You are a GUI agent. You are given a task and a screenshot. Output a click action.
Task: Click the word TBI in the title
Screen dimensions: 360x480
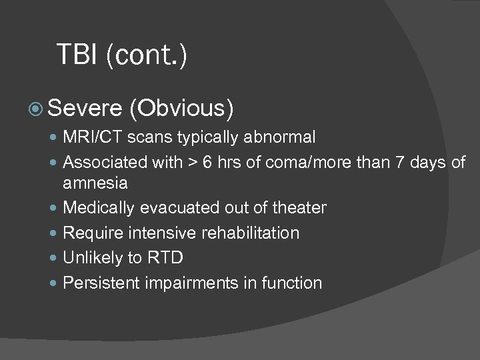click(x=79, y=55)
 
